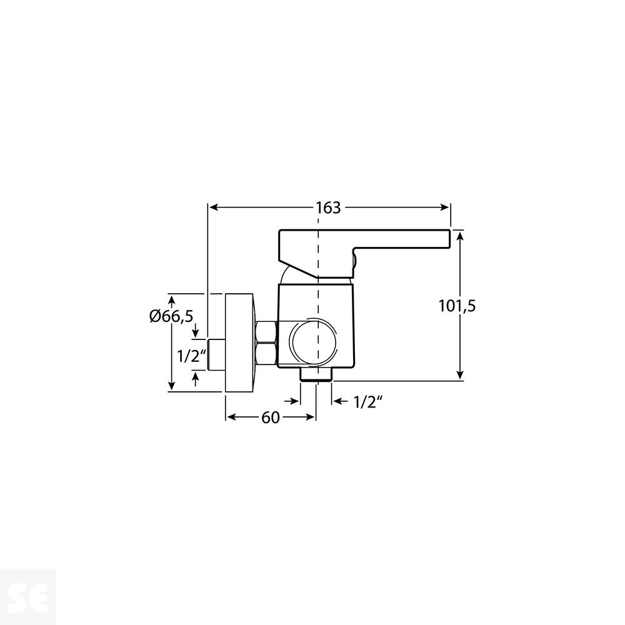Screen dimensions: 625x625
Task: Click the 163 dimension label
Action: (328, 207)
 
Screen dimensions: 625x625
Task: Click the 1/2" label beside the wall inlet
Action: (191, 356)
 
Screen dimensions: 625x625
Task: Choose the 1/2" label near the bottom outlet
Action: (367, 402)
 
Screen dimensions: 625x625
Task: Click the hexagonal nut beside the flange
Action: (266, 342)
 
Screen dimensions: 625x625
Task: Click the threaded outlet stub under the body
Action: (316, 373)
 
